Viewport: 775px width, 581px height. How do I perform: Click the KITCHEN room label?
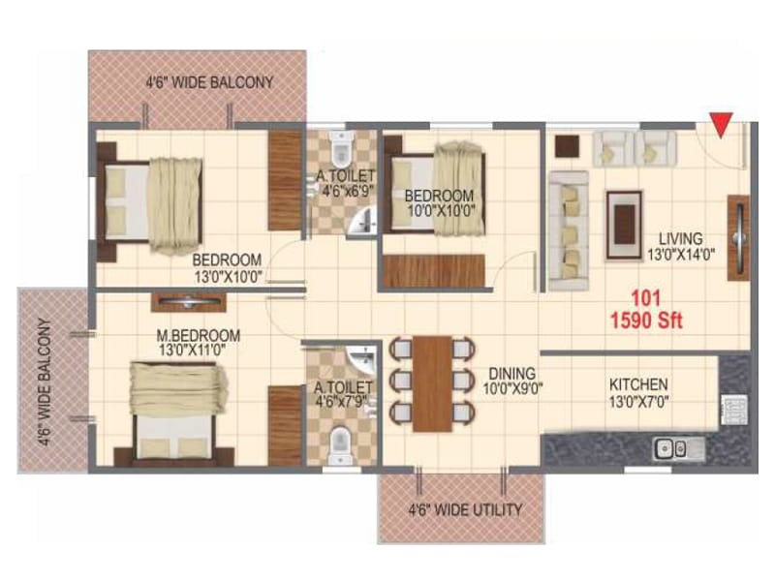click(638, 384)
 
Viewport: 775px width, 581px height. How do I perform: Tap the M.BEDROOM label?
click(199, 336)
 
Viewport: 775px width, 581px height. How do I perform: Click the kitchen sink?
click(670, 447)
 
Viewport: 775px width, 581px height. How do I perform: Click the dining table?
click(432, 383)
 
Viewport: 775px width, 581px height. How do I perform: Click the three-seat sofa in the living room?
click(567, 229)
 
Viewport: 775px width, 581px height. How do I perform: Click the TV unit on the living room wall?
click(739, 236)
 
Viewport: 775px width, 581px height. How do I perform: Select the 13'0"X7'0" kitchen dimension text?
click(638, 402)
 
